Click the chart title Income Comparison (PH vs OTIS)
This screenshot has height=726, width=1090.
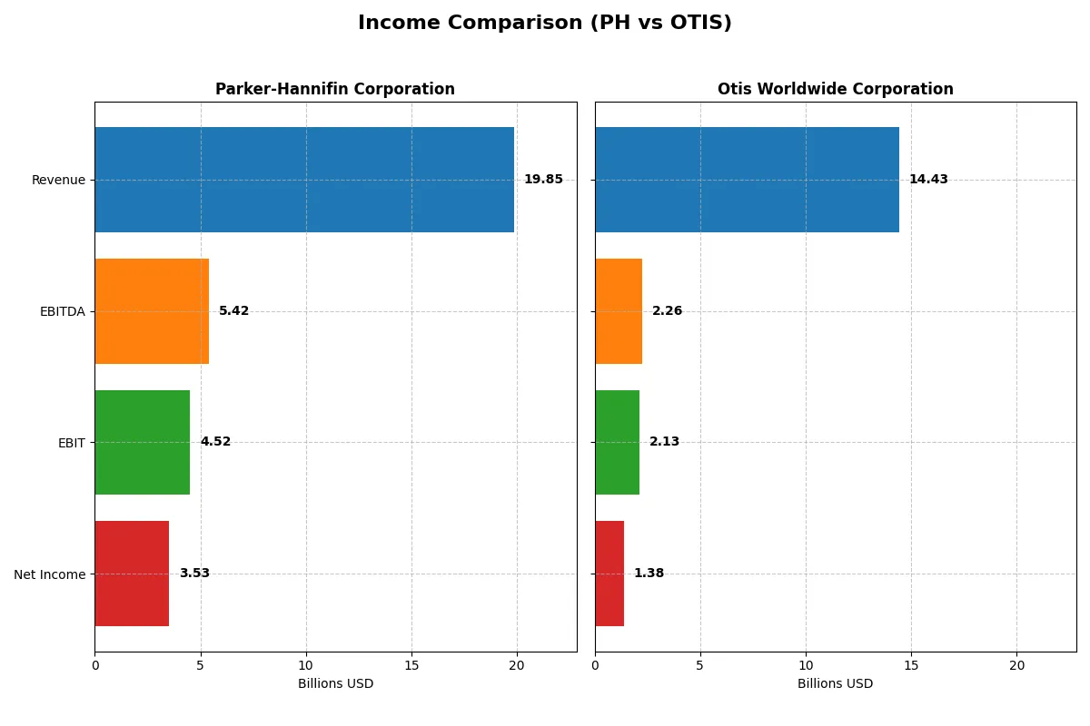coord(544,23)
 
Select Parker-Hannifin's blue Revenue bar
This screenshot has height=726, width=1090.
coord(304,180)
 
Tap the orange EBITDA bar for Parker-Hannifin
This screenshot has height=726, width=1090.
coord(152,311)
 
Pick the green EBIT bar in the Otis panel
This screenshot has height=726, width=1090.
coord(617,443)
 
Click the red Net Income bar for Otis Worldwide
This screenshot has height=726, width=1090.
coord(609,574)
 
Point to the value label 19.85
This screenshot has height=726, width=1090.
coord(543,180)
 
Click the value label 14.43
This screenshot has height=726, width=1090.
coord(928,180)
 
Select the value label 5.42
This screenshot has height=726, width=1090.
coord(233,311)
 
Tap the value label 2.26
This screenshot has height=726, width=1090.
coord(667,311)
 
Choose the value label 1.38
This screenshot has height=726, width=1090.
coord(649,574)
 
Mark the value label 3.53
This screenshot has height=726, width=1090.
coord(194,574)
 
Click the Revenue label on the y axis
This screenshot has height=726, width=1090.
coord(58,180)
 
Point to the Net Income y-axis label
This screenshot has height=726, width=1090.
coord(50,574)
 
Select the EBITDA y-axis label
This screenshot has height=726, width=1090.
coord(63,311)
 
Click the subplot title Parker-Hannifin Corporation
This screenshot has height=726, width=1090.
coord(335,89)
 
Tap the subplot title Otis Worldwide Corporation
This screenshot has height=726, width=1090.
coord(835,89)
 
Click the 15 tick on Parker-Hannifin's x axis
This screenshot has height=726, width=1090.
coord(411,665)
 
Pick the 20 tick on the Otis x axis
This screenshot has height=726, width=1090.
coord(1016,665)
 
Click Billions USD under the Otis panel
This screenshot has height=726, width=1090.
coord(835,683)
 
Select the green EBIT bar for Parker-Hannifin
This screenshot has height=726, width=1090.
coord(143,443)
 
